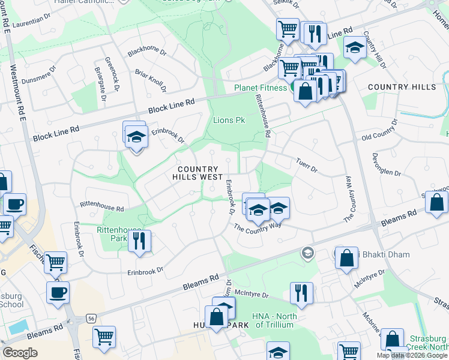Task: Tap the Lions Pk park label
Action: click(229, 120)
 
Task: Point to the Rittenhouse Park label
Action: click(118, 233)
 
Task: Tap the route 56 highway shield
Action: click(91, 319)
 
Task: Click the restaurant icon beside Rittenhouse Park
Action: click(139, 241)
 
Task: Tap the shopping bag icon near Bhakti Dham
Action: click(347, 259)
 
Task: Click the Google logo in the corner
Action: click(20, 353)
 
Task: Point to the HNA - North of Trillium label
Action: click(275, 320)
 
